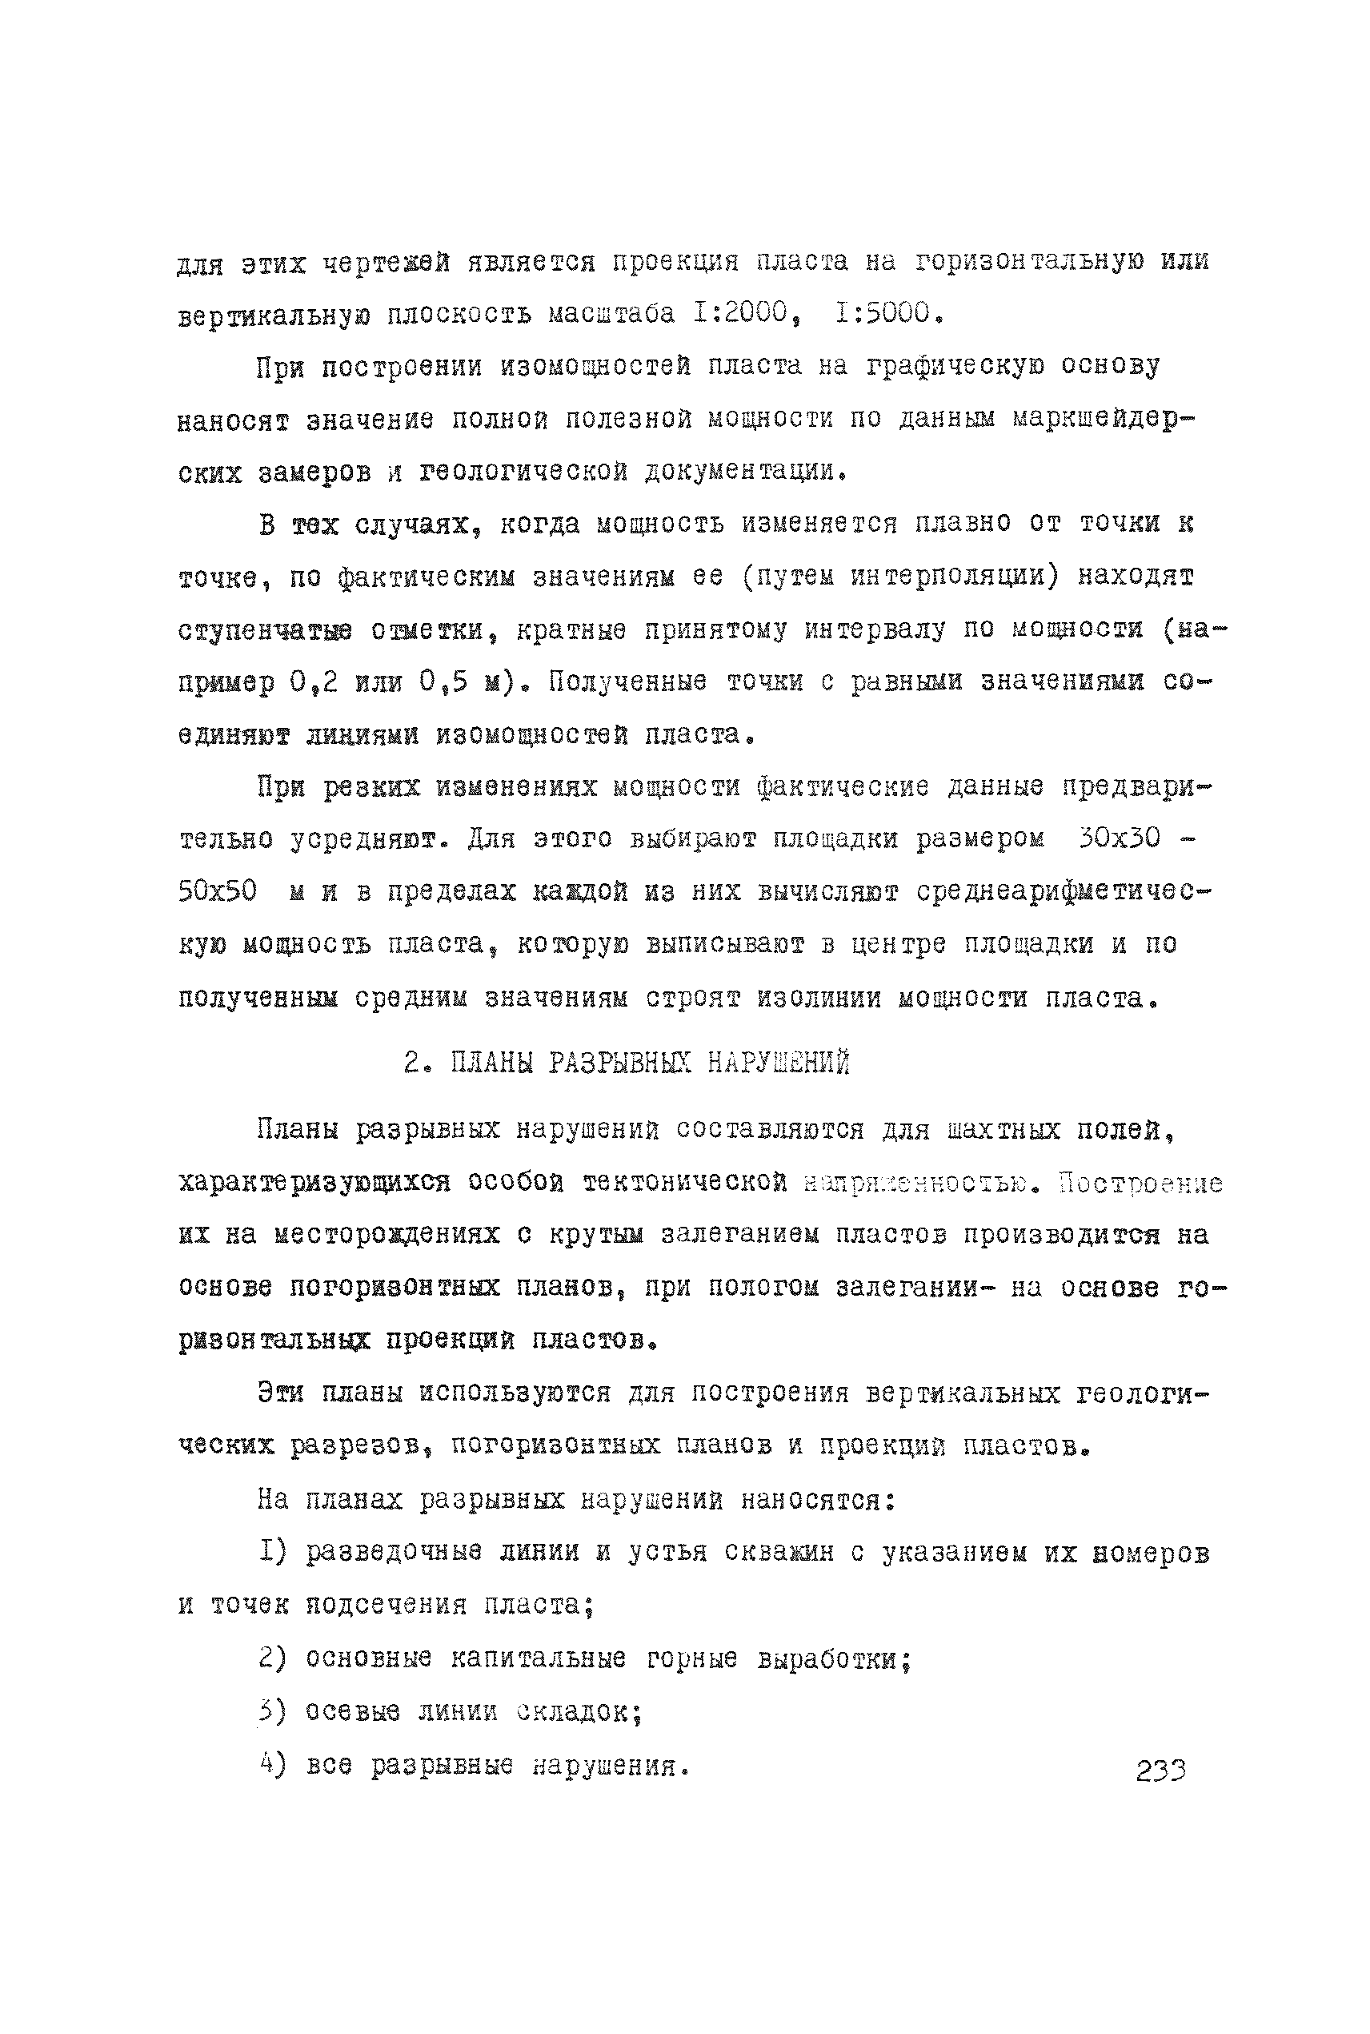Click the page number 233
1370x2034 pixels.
[x=1160, y=1770]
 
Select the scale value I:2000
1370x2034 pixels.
[x=742, y=313]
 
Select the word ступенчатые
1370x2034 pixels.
[x=265, y=630]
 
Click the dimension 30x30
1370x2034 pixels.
[x=1120, y=839]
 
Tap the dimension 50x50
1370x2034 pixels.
[x=218, y=891]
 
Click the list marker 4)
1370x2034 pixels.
[x=273, y=1765]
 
